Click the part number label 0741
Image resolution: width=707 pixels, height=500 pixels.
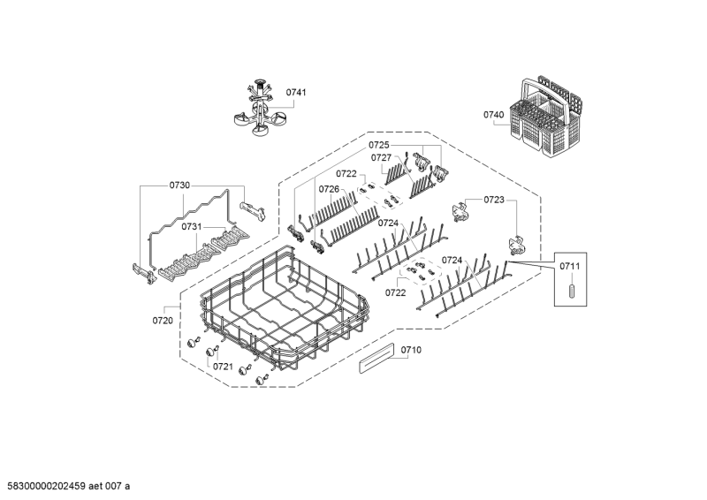click(296, 93)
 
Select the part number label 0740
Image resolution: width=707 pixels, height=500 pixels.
click(493, 115)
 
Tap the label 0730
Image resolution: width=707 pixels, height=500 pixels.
click(179, 186)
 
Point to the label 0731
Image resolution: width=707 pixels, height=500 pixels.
click(193, 227)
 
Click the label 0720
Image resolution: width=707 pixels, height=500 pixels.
click(163, 320)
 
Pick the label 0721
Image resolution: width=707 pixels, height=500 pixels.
click(223, 366)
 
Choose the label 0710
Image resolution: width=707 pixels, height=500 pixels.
click(411, 350)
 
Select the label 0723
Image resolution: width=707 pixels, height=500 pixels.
click(494, 201)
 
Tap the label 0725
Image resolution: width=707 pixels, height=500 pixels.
click(379, 144)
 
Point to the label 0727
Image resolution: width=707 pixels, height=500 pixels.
click(381, 158)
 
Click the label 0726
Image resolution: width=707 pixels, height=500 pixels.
click(329, 189)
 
